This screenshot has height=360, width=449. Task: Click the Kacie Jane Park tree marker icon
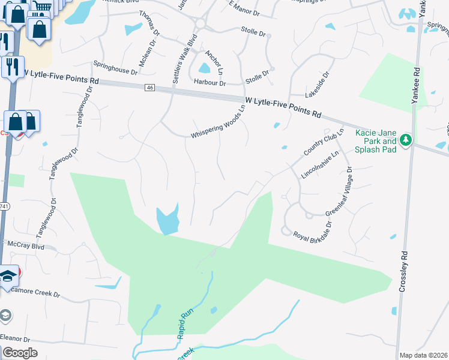406,140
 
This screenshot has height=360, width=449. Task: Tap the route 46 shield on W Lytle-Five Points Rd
149,88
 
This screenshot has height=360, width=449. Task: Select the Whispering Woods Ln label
219,123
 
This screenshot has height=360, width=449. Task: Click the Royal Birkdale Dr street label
312,233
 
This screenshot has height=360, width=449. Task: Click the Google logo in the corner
20,352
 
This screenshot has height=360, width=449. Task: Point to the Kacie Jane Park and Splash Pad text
376,141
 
